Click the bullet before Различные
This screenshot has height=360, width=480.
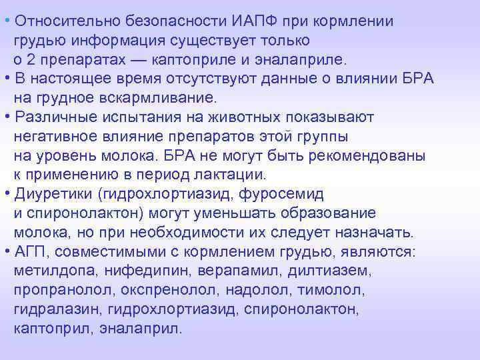[x=6, y=117]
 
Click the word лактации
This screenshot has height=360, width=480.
[x=233, y=175]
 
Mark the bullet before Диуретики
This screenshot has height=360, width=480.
[x=6, y=194]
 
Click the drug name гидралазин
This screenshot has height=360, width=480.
[x=48, y=311]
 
